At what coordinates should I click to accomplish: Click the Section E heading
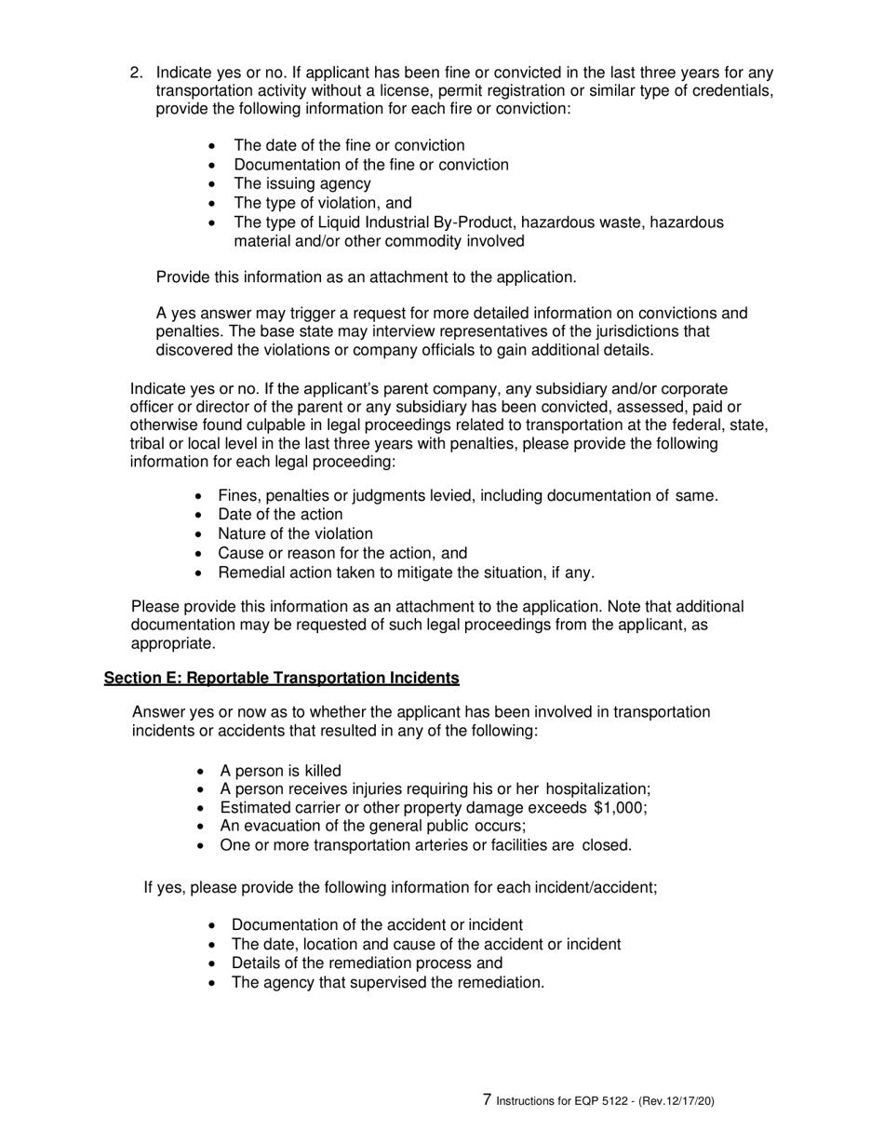coord(281,679)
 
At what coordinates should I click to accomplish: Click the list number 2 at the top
coord(136,73)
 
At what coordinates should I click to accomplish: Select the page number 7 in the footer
coord(488,1099)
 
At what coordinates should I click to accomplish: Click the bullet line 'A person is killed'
coord(280,771)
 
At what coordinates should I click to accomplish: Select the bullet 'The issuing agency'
coord(301,183)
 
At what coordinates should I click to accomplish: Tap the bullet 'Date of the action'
coord(280,515)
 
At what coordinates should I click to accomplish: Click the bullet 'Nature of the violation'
coord(295,533)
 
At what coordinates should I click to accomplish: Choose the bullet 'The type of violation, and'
coord(322,203)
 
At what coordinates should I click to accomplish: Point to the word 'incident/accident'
coord(596,887)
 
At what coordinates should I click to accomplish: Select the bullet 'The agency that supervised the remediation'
coord(387,982)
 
